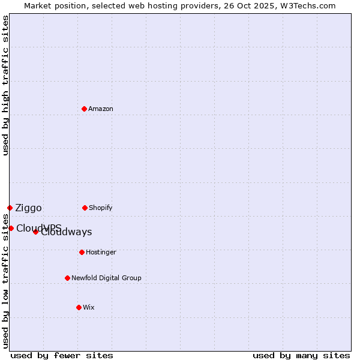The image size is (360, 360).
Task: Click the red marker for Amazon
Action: [x=85, y=109]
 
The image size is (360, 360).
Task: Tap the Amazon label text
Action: [x=101, y=109]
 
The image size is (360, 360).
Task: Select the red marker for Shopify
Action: [x=85, y=208]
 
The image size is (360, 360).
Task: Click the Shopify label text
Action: [x=101, y=208]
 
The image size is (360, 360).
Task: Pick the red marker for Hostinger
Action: [x=82, y=252]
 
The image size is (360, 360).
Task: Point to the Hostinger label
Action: [x=101, y=253]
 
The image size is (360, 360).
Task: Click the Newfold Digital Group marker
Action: [x=67, y=278]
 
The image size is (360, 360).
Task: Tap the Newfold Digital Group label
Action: [x=106, y=278]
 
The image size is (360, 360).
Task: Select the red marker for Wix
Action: [x=79, y=307]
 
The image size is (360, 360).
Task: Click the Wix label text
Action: [x=89, y=308]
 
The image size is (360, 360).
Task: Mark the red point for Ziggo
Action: [x=10, y=208]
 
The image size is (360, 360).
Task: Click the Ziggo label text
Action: [x=28, y=208]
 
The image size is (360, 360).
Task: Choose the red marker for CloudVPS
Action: [x=11, y=228]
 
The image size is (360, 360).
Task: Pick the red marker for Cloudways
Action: [x=35, y=232]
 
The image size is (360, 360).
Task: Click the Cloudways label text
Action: [x=67, y=233]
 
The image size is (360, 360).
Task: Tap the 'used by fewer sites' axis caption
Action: [x=62, y=356]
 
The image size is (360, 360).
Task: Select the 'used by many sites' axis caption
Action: [x=301, y=356]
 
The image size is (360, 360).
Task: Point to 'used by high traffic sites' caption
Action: [x=6, y=85]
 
